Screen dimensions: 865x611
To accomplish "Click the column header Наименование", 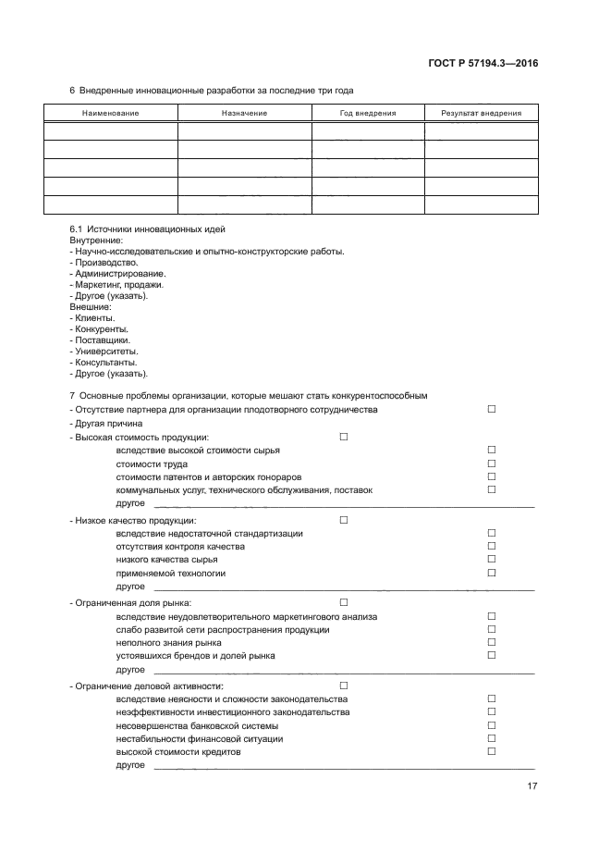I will point(110,113).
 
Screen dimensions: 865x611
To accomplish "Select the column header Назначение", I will point(244,113).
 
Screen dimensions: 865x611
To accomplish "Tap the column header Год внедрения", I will point(367,113).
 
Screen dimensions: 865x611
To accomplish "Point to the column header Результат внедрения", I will point(481,113).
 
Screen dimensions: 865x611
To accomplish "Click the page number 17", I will point(532,786).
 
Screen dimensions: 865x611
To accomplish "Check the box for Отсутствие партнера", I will point(492,409).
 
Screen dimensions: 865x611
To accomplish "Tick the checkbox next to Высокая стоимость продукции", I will point(344,437).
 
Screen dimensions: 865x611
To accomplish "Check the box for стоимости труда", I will point(492,463).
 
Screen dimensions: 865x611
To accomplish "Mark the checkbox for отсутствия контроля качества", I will point(492,546).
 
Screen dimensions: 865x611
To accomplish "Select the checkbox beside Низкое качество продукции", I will point(344,520).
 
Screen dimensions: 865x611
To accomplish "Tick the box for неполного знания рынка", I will point(492,642).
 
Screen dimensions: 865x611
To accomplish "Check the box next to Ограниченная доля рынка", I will point(344,602).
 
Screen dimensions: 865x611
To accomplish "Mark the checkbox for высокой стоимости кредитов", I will point(492,751).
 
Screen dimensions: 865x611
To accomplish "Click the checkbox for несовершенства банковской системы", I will point(492,724).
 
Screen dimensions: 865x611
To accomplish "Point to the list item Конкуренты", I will point(101,329).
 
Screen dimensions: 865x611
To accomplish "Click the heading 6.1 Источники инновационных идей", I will point(148,229).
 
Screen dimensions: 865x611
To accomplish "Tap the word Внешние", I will point(90,307).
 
